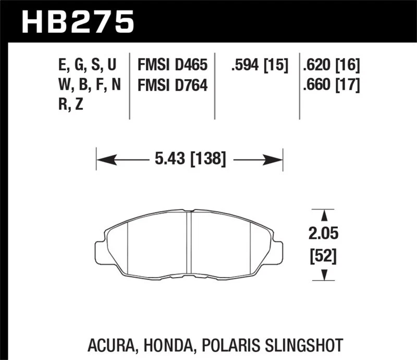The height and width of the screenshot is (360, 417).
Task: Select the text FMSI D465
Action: (173, 66)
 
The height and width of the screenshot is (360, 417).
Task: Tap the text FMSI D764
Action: (173, 84)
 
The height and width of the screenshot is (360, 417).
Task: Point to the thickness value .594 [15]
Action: (256, 66)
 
